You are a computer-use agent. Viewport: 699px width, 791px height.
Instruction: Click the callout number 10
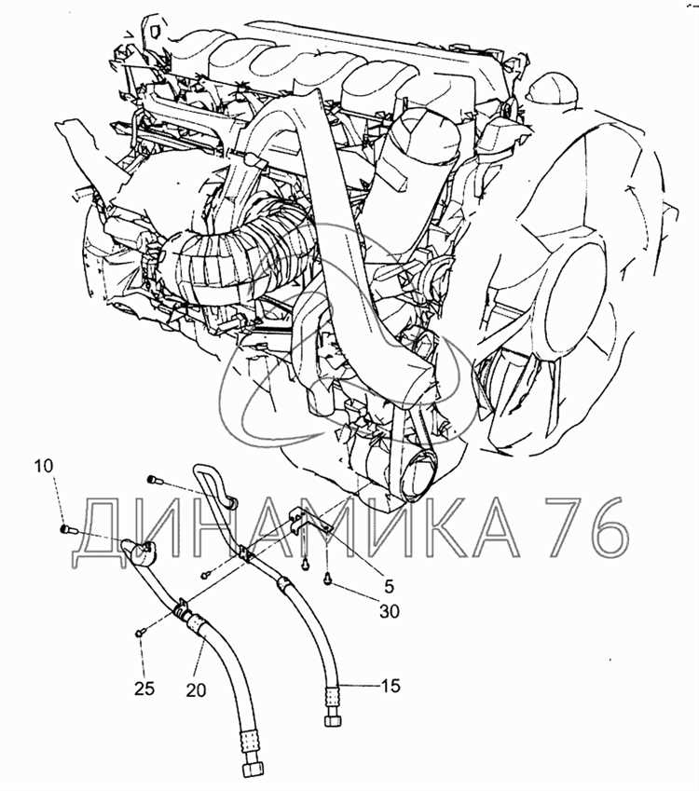coord(44,466)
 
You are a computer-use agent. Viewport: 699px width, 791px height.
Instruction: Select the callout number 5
coord(389,586)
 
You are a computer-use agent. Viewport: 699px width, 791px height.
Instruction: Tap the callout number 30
coord(390,611)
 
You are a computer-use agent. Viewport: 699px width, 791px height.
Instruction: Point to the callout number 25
coord(144,689)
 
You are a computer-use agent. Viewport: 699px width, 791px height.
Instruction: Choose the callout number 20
coord(196,689)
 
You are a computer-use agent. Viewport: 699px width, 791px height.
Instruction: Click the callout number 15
coord(391,686)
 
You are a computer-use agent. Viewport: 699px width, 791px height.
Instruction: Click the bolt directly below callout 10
coord(66,529)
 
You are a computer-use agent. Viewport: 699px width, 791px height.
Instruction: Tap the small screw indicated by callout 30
coord(328,581)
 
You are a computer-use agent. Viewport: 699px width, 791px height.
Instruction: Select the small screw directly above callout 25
coord(140,631)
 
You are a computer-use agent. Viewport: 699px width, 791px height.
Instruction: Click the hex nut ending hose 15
coord(332,719)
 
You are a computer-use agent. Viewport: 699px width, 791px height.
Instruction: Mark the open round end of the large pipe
coord(418,478)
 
